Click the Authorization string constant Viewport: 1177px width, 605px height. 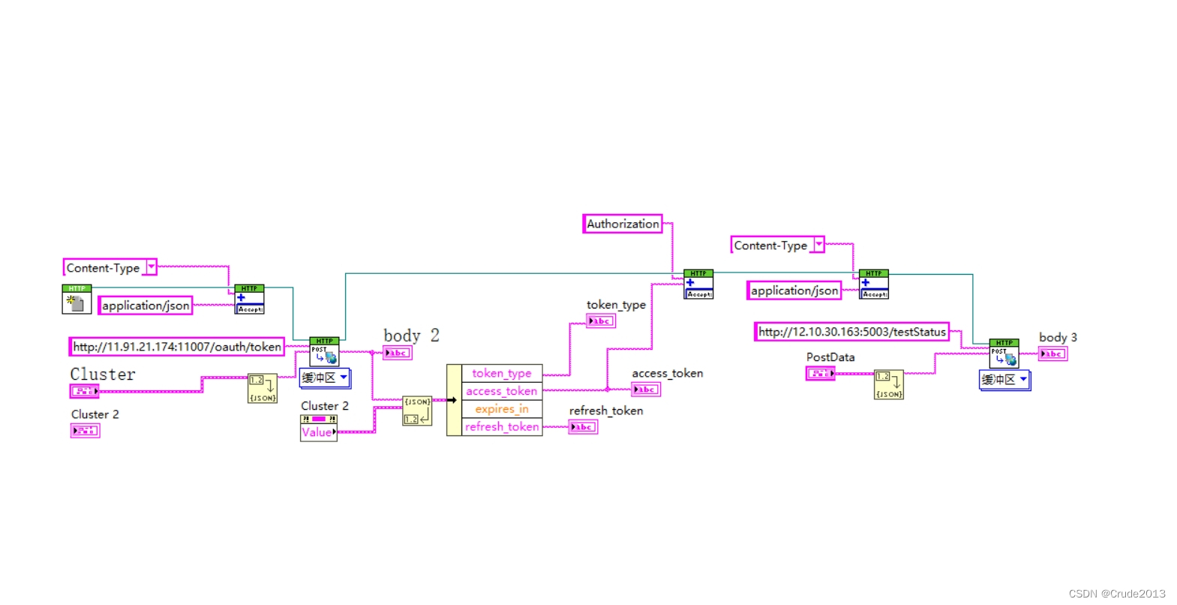(623, 224)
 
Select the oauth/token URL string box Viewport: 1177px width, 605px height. (176, 347)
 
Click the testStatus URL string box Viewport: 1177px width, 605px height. (851, 332)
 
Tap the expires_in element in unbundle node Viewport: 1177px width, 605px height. (501, 409)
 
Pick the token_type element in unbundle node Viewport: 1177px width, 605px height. (501, 373)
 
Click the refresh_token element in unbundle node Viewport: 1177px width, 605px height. (501, 427)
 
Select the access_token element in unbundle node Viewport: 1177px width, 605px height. (501, 391)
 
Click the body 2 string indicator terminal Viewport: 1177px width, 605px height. (397, 353)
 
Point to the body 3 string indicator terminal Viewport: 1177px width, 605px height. (1052, 354)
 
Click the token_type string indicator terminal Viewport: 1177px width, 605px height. (601, 321)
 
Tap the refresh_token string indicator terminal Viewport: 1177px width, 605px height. (583, 427)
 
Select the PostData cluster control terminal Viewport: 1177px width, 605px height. (820, 373)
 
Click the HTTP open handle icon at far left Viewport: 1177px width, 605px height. (77, 299)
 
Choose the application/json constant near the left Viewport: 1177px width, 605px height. (146, 306)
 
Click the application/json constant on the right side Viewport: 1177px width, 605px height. (794, 290)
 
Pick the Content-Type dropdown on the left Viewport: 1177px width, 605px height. (110, 267)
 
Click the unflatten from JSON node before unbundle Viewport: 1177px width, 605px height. (416, 411)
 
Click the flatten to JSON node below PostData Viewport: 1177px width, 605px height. (889, 384)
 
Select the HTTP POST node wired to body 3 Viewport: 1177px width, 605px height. (1004, 354)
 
